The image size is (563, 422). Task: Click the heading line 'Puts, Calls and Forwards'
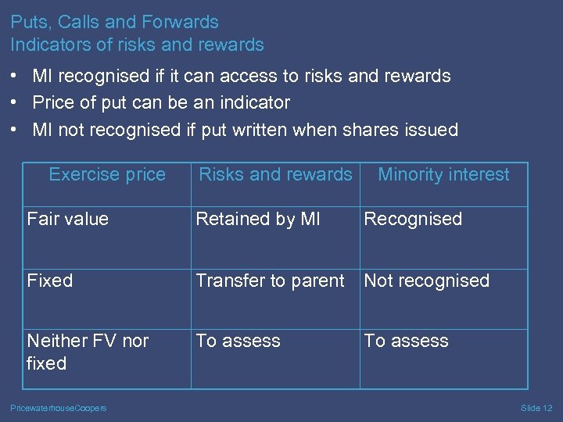point(114,22)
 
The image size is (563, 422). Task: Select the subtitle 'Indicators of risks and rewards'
point(137,45)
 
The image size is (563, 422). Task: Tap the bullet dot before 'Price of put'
point(16,102)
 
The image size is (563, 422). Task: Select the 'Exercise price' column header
point(107,174)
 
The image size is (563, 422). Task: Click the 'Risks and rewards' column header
point(275,174)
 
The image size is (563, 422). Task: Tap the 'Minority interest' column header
point(443,174)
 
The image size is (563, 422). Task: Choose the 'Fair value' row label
point(67,219)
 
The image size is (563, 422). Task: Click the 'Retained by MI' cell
point(258,219)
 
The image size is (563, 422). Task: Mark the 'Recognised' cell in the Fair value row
point(413,219)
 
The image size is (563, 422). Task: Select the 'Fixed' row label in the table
point(50,281)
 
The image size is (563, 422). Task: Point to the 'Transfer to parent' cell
point(270,281)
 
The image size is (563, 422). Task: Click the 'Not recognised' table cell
point(426,281)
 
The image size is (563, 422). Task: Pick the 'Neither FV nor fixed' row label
point(88,352)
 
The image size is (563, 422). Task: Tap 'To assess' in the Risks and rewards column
point(238,341)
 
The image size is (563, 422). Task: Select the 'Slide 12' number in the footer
point(536,408)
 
